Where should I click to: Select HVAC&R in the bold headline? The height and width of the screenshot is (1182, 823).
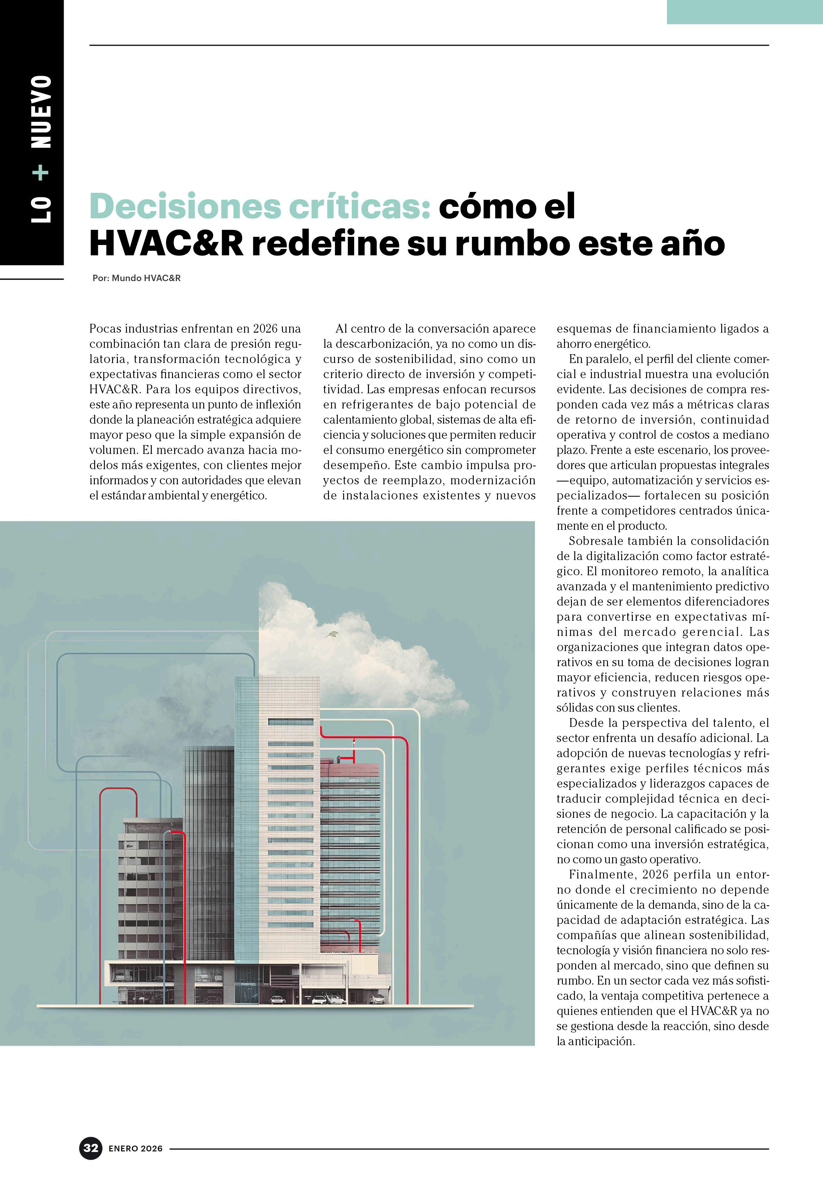click(x=166, y=243)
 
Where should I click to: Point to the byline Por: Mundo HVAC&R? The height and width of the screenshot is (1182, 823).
click(x=136, y=278)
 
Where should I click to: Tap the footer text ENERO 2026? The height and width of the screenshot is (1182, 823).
click(x=135, y=1149)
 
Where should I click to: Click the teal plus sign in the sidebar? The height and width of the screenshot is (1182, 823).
click(x=41, y=173)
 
